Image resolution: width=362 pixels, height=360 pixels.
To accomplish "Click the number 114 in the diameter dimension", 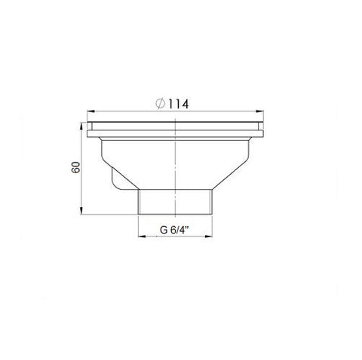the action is coord(178,104).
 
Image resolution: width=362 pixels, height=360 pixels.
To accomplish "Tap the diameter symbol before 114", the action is coord(161,104).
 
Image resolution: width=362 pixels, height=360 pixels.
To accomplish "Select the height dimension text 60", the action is coord(75,167).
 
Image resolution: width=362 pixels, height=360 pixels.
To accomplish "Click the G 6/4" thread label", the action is coord(174,230).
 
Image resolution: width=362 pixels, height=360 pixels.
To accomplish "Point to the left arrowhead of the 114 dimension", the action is coord(90,111).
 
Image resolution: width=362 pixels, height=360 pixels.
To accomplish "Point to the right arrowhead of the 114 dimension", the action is coord(259,111).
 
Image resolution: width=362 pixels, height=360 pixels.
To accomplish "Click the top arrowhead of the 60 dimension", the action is coord(81,126).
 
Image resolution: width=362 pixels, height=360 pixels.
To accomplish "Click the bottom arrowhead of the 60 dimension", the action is coord(81,211).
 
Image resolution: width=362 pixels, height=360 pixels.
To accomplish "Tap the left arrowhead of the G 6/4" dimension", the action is coord(142,236).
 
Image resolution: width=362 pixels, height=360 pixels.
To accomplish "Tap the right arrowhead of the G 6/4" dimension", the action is coord(208,236).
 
